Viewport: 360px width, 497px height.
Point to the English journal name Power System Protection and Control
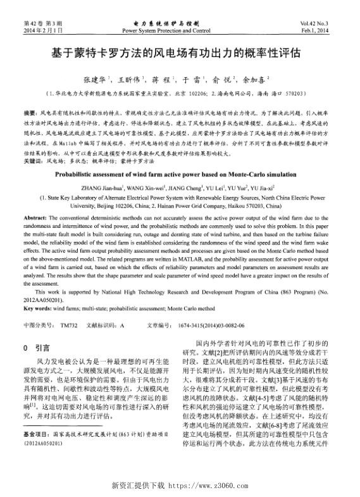tap(166, 30)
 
